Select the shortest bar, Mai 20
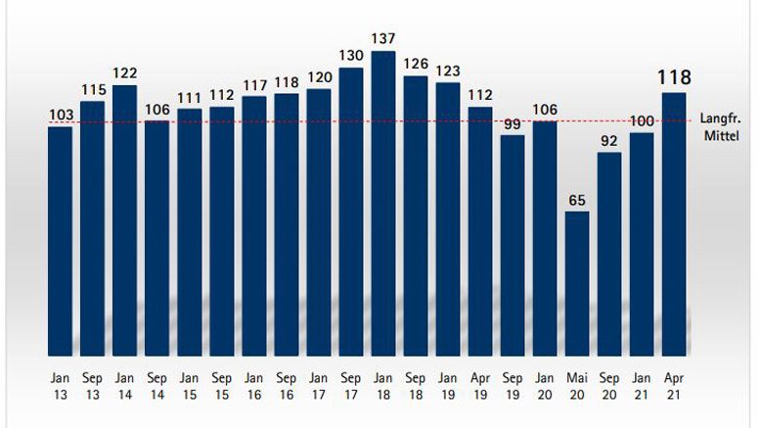[577, 283]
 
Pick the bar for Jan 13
[61, 241]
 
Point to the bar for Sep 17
[351, 211]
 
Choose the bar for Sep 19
[513, 245]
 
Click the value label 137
[383, 39]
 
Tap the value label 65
[577, 200]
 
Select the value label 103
[61, 116]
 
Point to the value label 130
[351, 56]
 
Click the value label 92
[609, 141]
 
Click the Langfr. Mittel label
[721, 127]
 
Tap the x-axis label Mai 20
[577, 384]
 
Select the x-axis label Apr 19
[480, 384]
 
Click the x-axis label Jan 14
[125, 384]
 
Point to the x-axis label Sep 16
[287, 384]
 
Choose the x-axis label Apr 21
[674, 384]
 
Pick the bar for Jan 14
[125, 220]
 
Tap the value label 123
[448, 71]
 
